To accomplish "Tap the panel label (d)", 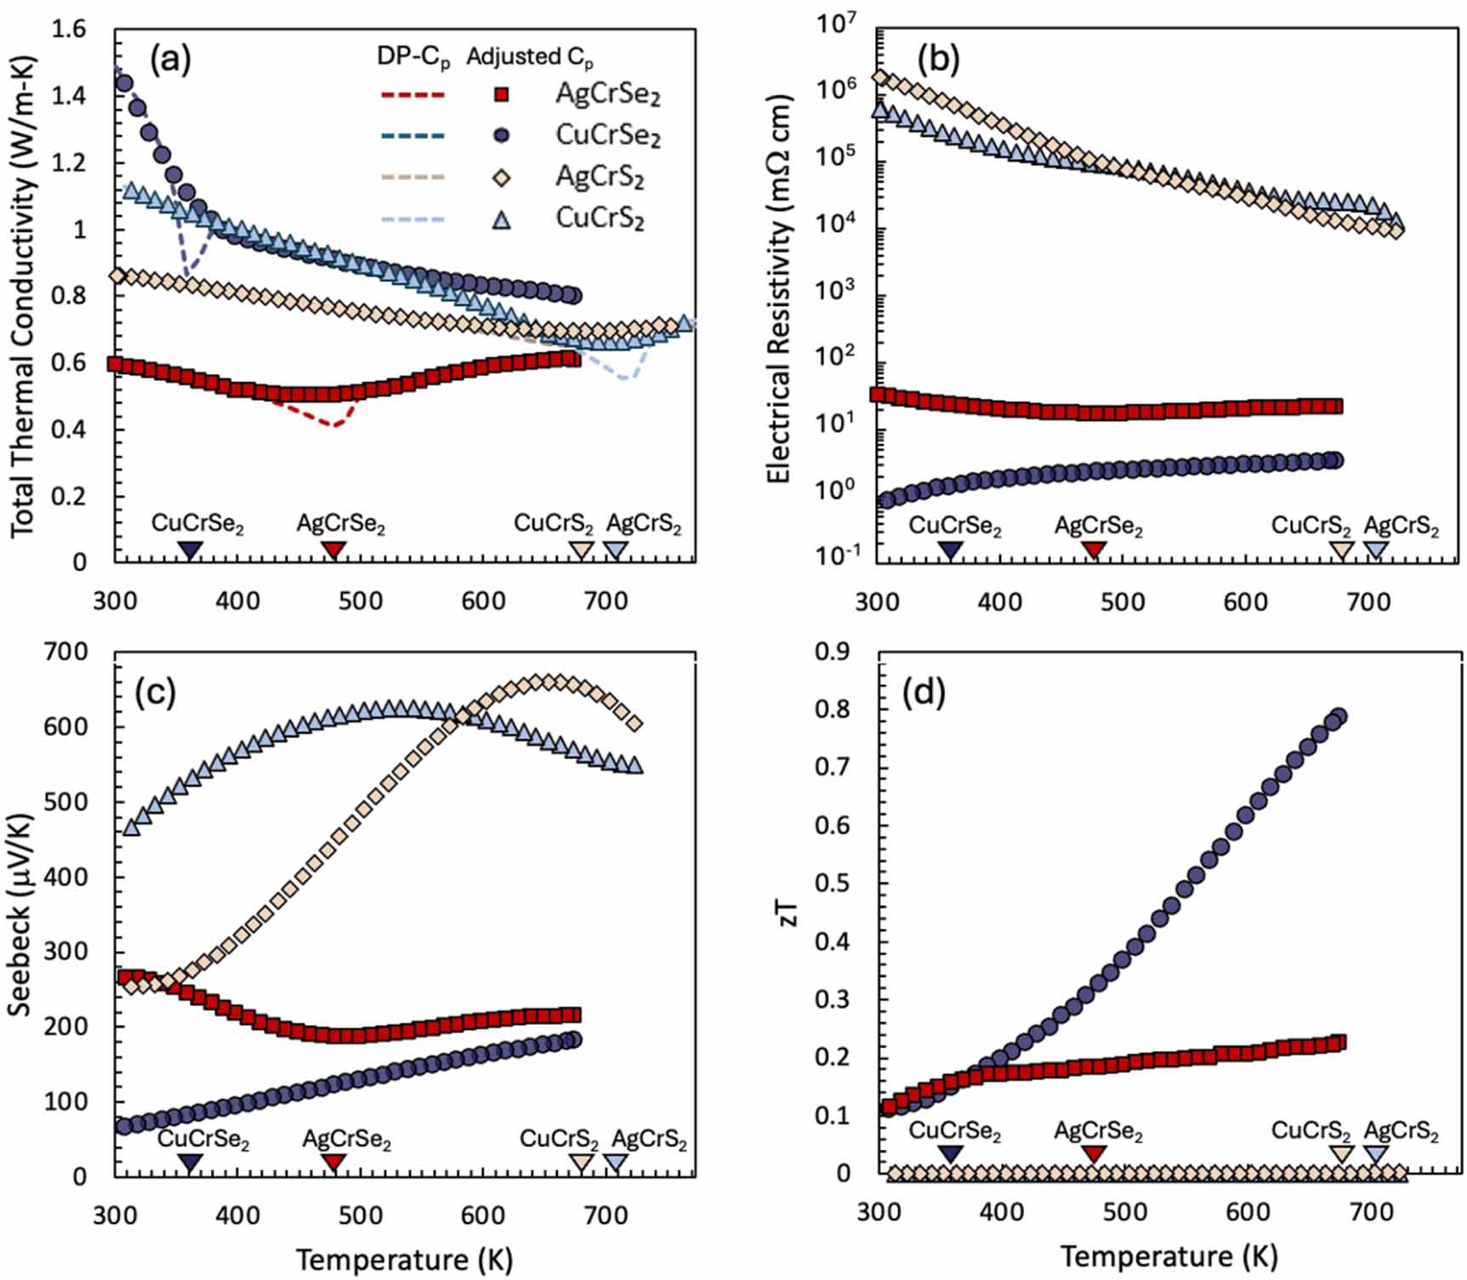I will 924,692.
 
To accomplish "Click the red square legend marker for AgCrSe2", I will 502,94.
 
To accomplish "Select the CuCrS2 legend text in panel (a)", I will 600,218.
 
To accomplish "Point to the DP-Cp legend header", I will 413,57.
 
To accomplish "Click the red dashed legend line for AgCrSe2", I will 412,94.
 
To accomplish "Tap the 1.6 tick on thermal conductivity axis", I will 68,29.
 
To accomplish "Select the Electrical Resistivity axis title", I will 778,289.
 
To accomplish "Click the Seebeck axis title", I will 20,915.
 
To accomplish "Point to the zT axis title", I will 788,913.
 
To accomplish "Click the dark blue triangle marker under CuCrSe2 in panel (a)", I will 190,550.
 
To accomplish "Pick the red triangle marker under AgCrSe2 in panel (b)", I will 1095,550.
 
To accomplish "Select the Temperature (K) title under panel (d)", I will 1168,1256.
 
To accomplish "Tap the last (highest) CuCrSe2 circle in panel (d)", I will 1338,716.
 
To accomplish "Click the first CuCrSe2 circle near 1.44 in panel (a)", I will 124,83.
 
